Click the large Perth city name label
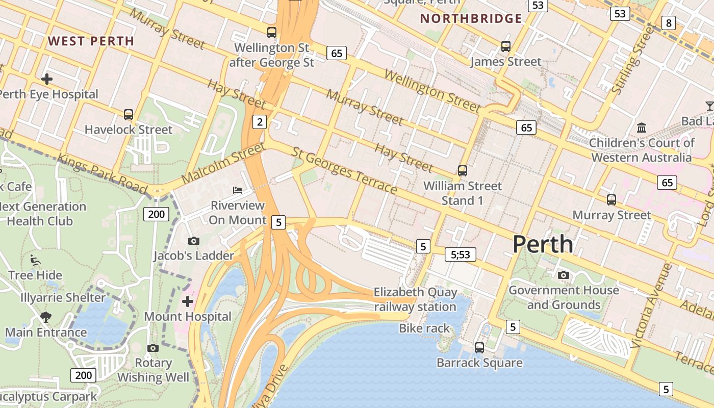point(543,244)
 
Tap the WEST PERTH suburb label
point(91,41)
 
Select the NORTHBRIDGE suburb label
point(471,19)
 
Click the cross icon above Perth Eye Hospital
point(47,79)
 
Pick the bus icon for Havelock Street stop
point(129,115)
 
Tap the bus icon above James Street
point(506,46)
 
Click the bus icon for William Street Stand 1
point(463,171)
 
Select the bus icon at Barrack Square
point(479,348)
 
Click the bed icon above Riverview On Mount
point(238,190)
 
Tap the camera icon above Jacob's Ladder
point(194,241)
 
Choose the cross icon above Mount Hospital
point(188,301)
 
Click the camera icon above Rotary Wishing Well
point(152,348)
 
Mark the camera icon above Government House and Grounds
point(564,275)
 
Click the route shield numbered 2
point(260,122)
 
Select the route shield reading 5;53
point(461,254)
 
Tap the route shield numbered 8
point(668,22)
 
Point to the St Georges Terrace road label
point(344,171)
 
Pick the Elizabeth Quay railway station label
point(415,299)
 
